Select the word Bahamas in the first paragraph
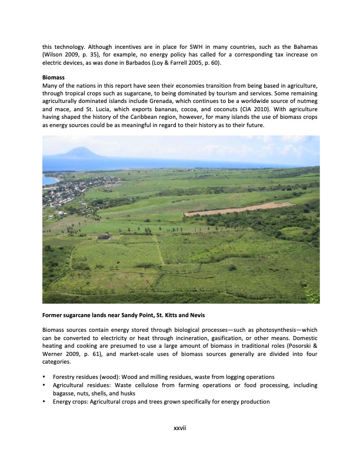(x=303, y=46)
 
